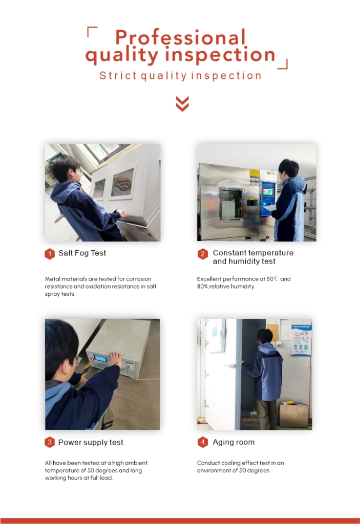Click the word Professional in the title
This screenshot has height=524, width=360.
coord(180,37)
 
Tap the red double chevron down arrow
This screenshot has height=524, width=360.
coord(182,103)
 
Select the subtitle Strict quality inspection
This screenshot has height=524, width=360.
coord(180,76)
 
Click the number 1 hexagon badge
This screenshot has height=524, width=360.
coord(50,254)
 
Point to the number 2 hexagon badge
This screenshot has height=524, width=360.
coord(202,254)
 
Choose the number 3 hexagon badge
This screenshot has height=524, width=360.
coord(50,443)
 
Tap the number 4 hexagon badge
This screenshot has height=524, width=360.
coord(202,443)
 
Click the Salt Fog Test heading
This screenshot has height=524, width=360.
coord(82,253)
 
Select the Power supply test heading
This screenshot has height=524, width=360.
coord(91,443)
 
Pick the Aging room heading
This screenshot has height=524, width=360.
coord(234,442)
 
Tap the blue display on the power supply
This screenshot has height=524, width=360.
coord(100,359)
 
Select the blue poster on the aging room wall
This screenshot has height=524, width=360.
coord(301,340)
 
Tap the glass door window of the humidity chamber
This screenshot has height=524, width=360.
coord(230,204)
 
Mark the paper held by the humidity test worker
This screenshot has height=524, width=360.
coord(269,208)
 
